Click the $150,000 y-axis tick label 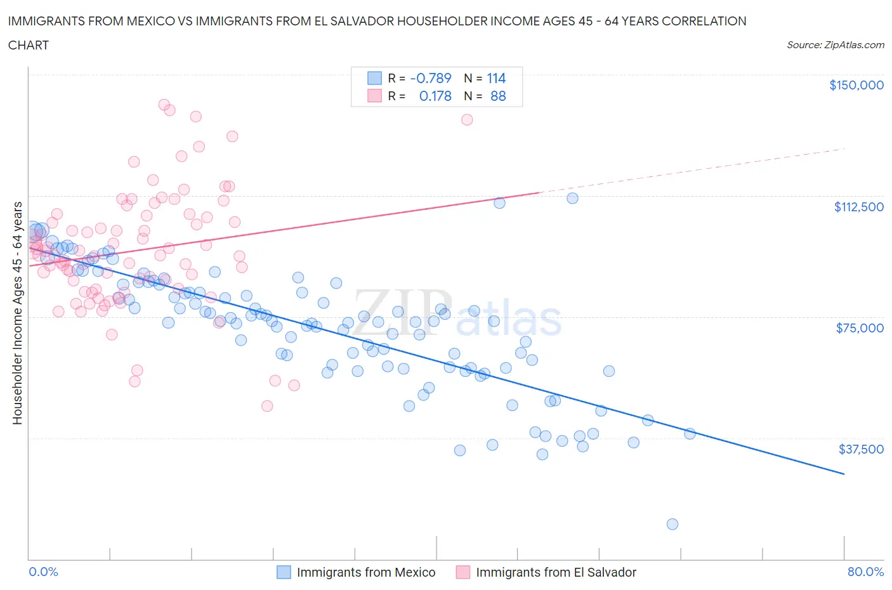pyautogui.click(x=856, y=85)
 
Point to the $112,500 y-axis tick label pyautogui.click(x=858, y=207)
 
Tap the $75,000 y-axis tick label pyautogui.click(x=860, y=328)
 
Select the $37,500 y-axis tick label pyautogui.click(x=861, y=449)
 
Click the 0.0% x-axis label pyautogui.click(x=43, y=572)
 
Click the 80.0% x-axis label pyautogui.click(x=865, y=572)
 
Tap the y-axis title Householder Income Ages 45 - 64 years pyautogui.click(x=18, y=313)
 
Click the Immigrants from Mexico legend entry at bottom pyautogui.click(x=365, y=572)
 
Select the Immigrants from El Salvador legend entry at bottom pyautogui.click(x=555, y=572)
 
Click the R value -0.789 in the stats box pyautogui.click(x=431, y=78)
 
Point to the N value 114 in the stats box pyautogui.click(x=496, y=78)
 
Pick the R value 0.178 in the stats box pyautogui.click(x=435, y=96)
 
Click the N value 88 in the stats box pyautogui.click(x=498, y=96)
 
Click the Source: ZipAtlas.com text pyautogui.click(x=835, y=44)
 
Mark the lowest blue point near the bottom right pyautogui.click(x=672, y=524)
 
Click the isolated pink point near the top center pyautogui.click(x=467, y=119)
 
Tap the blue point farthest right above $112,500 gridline pyautogui.click(x=572, y=198)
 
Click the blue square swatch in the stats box pyautogui.click(x=374, y=78)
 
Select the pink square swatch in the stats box pyautogui.click(x=374, y=96)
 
